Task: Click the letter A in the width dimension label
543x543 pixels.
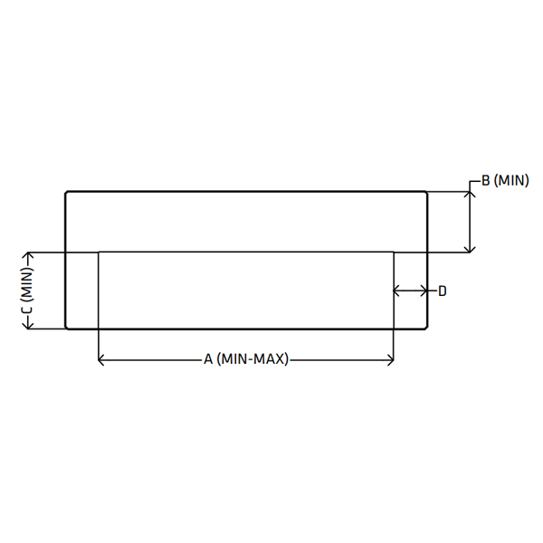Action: click(208, 359)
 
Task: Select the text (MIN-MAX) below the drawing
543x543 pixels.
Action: click(252, 359)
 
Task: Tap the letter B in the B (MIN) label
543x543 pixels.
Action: click(486, 181)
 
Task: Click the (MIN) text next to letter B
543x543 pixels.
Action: click(511, 181)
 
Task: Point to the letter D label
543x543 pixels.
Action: click(443, 291)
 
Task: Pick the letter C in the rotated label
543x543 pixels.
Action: click(28, 310)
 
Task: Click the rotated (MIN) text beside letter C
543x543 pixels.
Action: click(28, 284)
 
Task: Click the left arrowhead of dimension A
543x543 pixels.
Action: click(101, 360)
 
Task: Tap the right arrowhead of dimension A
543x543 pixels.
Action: click(391, 360)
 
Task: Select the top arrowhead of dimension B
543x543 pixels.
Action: click(470, 195)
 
